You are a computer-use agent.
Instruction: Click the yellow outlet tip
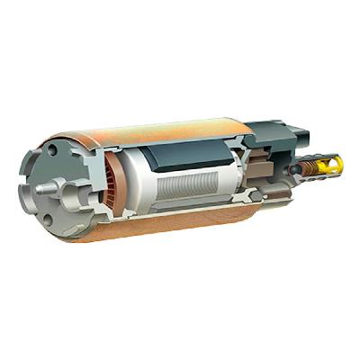coord(332,164)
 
